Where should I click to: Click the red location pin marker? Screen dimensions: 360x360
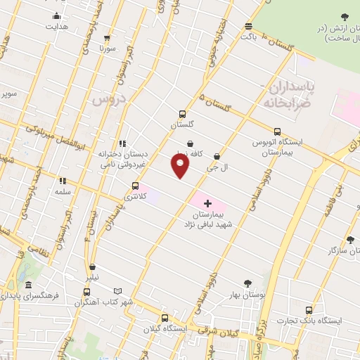[x=181, y=166]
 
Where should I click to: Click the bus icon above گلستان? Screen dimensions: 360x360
[x=182, y=114]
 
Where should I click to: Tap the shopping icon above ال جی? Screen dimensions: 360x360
[x=216, y=157]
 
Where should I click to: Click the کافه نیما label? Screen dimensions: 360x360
[x=209, y=153]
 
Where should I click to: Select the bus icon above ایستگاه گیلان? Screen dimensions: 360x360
[x=165, y=318]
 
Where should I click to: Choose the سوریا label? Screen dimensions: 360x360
[x=107, y=49]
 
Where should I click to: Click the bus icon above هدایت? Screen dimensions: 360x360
[x=56, y=16]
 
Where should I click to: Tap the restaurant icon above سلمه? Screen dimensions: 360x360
[x=62, y=181]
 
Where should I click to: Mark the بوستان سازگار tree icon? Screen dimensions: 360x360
[x=350, y=240]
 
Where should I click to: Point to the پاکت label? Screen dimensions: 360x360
[x=249, y=36]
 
